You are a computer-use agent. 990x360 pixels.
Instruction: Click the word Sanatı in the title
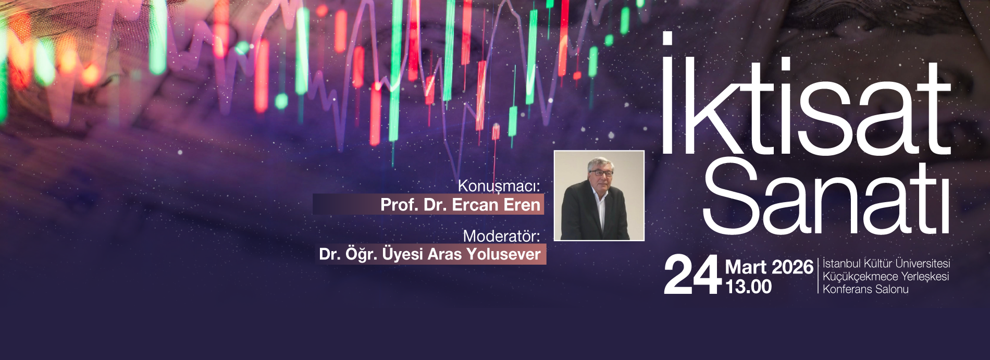point(826,197)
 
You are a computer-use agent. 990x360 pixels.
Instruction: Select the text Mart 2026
point(769,267)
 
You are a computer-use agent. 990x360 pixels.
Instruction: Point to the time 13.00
point(749,287)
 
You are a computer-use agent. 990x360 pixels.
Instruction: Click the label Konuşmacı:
point(499,186)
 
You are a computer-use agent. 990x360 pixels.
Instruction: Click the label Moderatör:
point(501,236)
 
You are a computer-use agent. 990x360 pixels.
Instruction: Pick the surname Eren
point(522,205)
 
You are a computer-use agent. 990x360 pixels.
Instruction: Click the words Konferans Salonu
point(865,289)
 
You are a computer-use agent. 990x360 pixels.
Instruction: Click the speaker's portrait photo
point(599,196)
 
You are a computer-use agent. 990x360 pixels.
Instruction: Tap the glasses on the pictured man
point(600,173)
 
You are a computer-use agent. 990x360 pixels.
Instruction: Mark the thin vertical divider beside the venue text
point(818,276)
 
